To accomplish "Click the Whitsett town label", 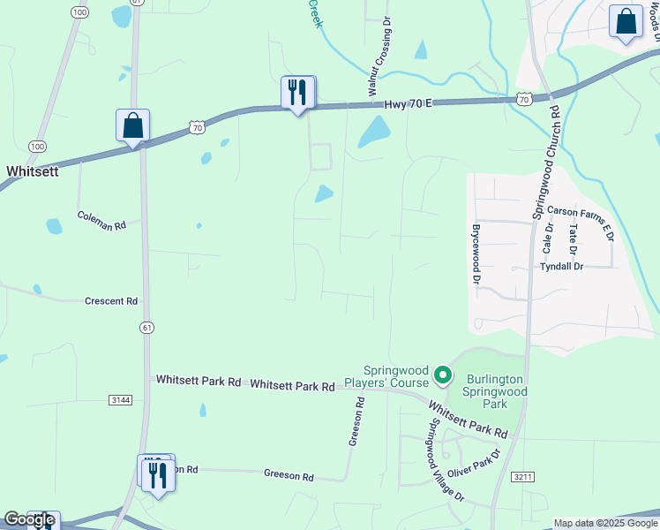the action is (33, 171).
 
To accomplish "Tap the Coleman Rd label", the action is (101, 221).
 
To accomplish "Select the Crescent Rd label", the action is (111, 301).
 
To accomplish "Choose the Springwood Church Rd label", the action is (545, 163).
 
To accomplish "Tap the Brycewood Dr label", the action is (476, 252).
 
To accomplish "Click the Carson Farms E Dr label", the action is (580, 212).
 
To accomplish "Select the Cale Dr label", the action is (549, 234).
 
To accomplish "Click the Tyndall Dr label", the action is (562, 266).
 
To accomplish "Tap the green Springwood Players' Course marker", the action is (442, 378).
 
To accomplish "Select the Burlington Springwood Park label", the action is (495, 390).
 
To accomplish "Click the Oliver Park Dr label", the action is (474, 464).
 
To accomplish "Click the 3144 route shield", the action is (121, 400).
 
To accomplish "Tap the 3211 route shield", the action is (523, 477).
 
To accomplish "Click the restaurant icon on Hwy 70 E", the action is (297, 91).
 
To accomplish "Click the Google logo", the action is (28, 520).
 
